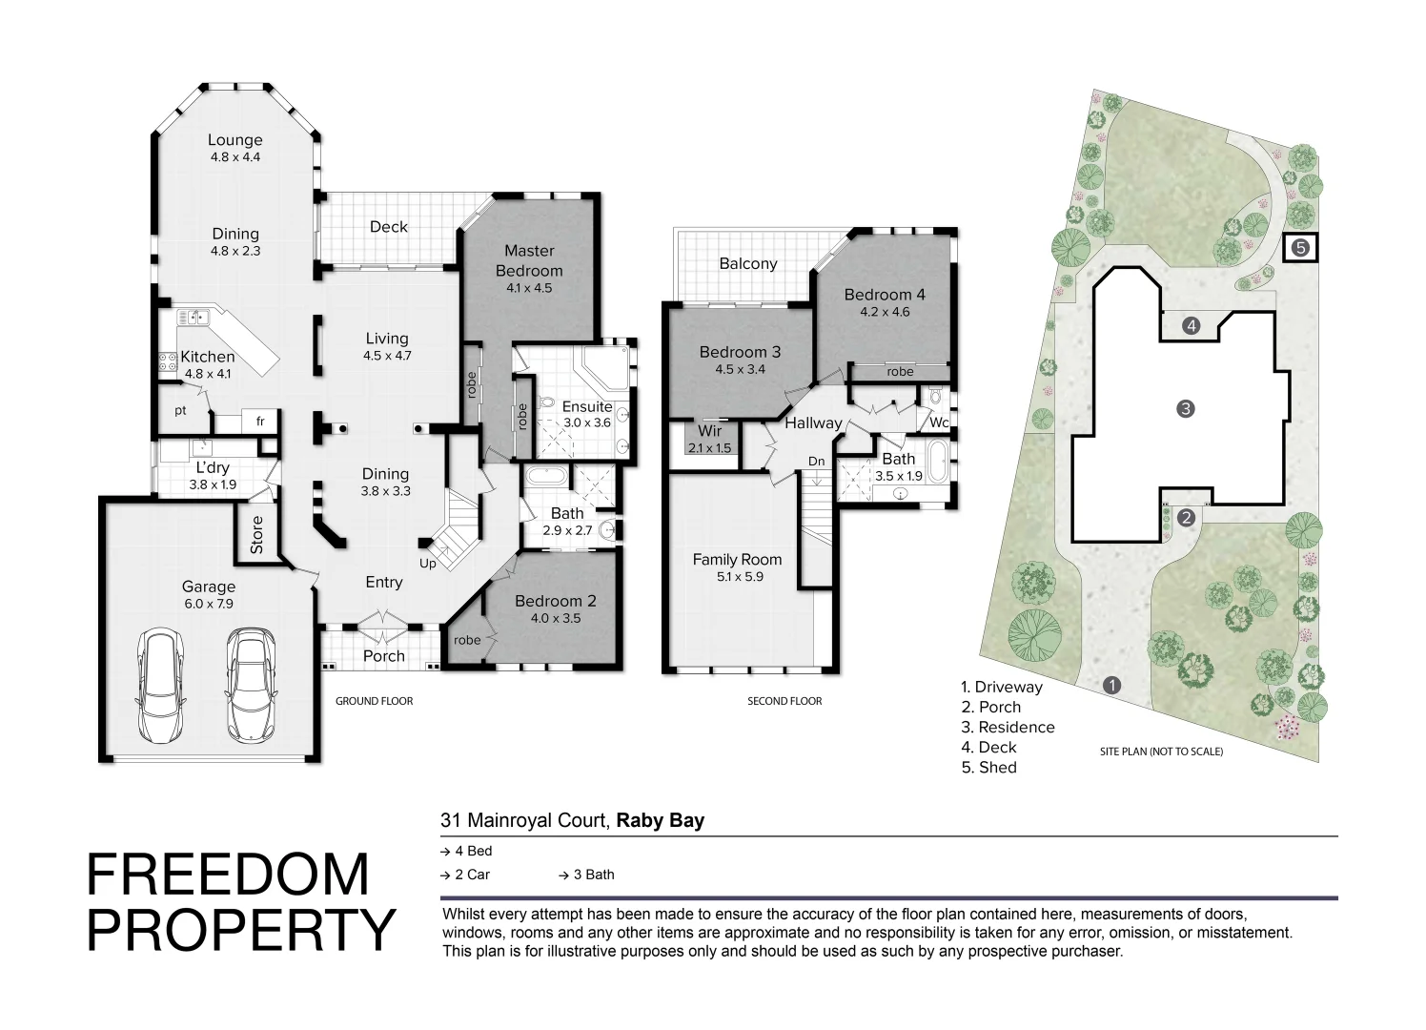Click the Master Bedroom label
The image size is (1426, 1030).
tap(529, 259)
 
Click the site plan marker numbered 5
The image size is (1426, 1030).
tap(1301, 248)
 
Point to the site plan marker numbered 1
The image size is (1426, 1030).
tap(1111, 685)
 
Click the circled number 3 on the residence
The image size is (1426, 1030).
tap(1186, 408)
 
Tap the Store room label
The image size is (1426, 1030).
tap(256, 535)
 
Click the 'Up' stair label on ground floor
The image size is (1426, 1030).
tap(428, 564)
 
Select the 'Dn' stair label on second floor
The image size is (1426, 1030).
tap(816, 462)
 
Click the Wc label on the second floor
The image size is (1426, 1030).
tap(938, 422)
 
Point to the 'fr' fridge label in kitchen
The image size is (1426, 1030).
tap(259, 420)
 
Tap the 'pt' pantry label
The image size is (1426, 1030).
tap(180, 411)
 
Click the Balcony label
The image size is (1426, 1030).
tap(748, 263)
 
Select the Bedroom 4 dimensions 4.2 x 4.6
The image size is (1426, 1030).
tap(885, 312)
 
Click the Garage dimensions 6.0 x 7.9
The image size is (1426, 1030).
tap(209, 604)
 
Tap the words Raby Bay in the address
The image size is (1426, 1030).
tap(661, 820)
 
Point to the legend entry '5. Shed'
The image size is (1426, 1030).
tap(988, 767)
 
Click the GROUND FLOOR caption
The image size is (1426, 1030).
tap(374, 701)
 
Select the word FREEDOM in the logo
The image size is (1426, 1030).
tap(228, 875)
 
